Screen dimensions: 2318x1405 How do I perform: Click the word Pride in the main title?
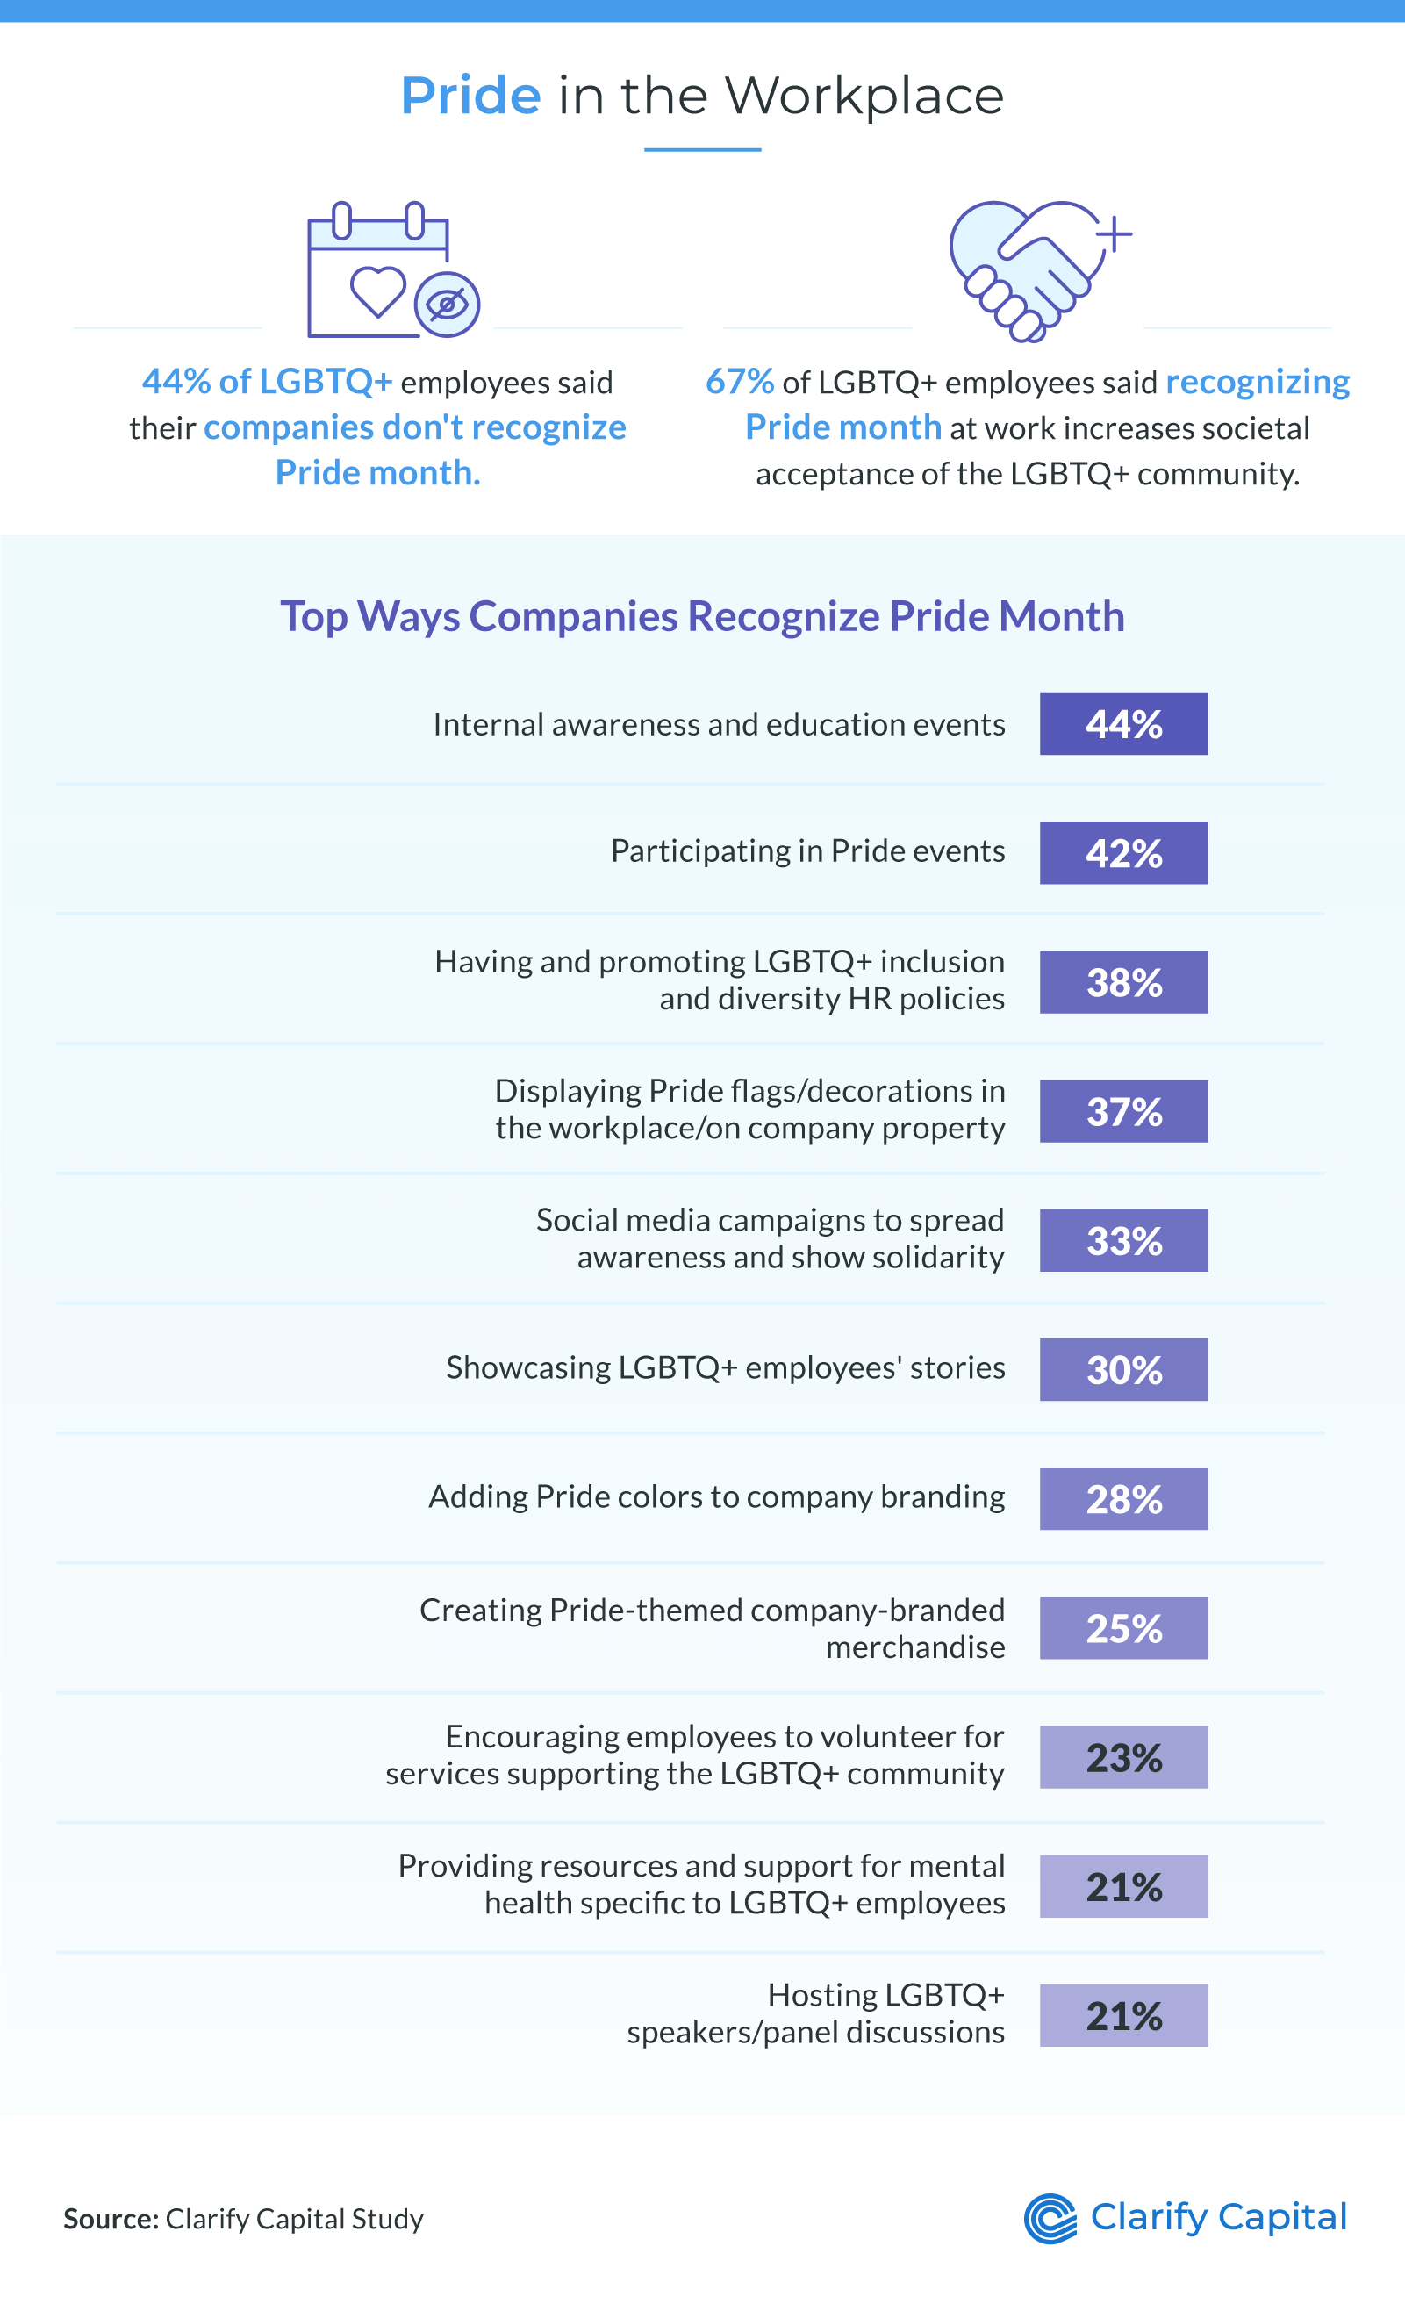[x=470, y=96]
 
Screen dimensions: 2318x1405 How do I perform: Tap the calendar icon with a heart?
[x=378, y=271]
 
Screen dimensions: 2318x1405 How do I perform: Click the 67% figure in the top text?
[x=739, y=382]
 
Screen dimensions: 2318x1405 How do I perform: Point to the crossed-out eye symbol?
[x=448, y=304]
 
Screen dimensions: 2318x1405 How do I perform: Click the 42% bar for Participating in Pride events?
[x=1123, y=853]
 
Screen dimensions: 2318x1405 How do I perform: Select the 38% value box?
[x=1123, y=982]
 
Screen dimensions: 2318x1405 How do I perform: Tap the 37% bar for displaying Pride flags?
[x=1123, y=1111]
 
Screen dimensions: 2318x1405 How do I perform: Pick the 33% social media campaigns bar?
[x=1123, y=1240]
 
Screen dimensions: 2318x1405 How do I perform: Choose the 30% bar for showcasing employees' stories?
[x=1123, y=1370]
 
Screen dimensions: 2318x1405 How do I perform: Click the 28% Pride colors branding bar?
[x=1123, y=1498]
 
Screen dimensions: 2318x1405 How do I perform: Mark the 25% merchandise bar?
[x=1123, y=1627]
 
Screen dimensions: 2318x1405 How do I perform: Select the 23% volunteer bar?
[x=1123, y=1757]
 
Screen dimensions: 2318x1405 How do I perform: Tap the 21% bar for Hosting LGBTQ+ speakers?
[x=1123, y=2015]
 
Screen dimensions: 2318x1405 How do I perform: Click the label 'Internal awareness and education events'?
[x=719, y=724]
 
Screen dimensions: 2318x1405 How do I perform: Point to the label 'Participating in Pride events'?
[x=808, y=850]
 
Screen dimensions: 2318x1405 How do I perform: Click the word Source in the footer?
[x=110, y=2219]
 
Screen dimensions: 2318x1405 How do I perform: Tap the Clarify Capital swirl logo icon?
[x=1050, y=2218]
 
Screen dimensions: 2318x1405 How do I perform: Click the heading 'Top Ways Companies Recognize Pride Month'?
[x=702, y=616]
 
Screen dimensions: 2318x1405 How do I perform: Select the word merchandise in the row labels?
[x=915, y=1647]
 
